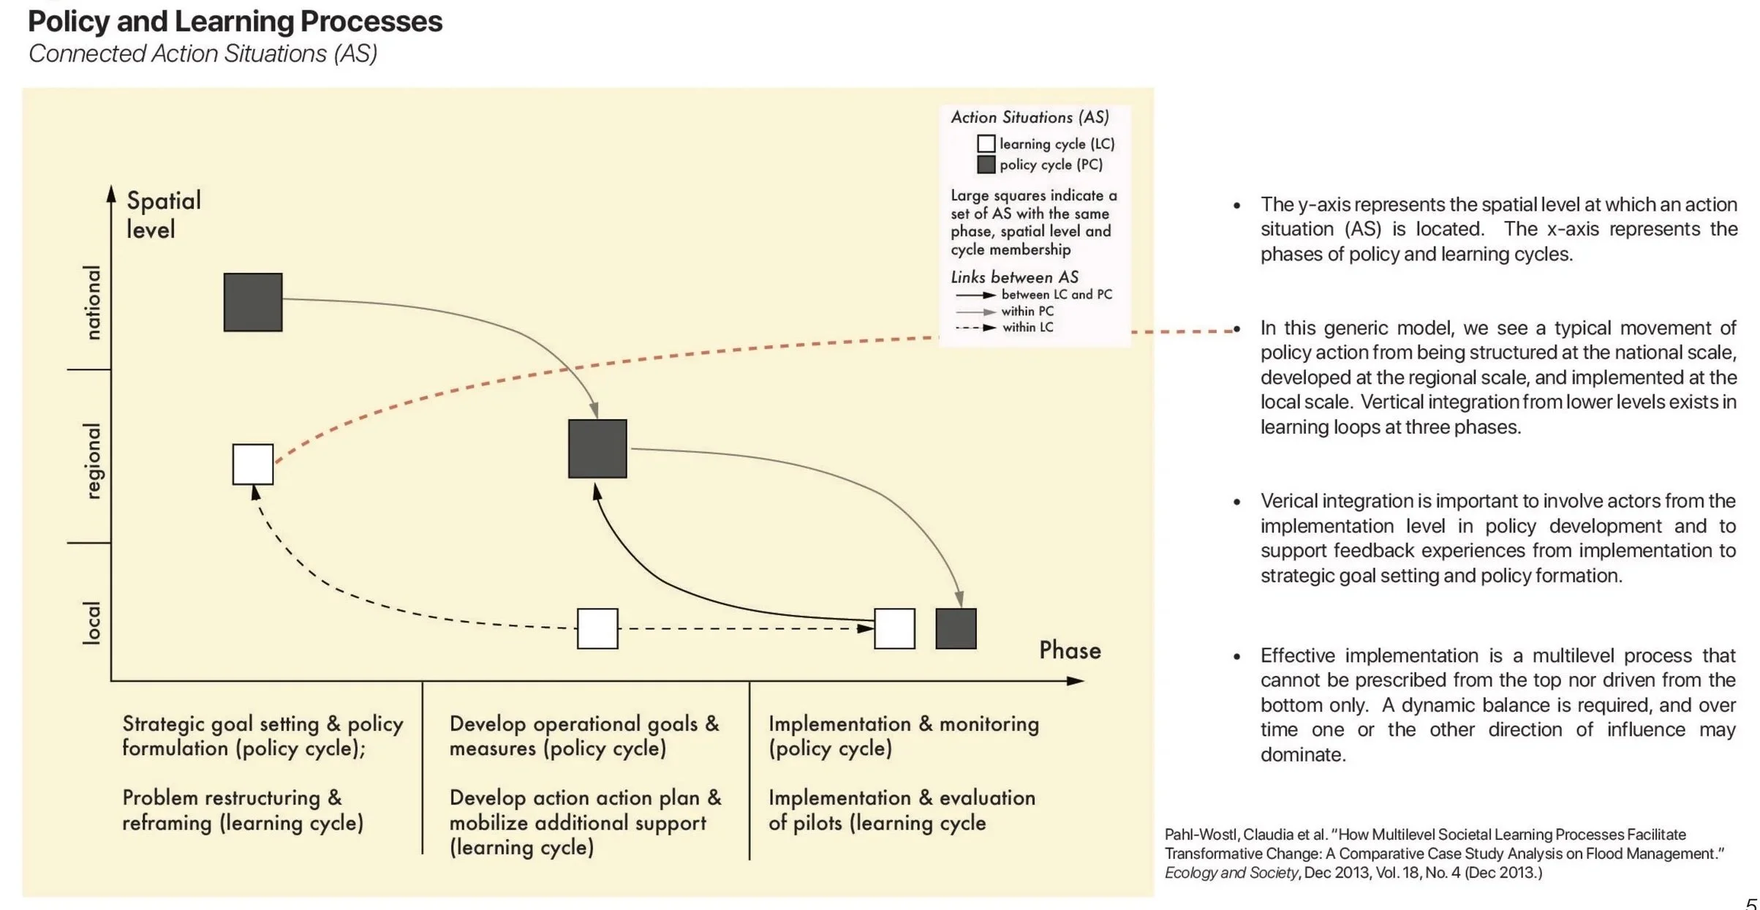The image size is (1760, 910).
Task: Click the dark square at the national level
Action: [x=253, y=302]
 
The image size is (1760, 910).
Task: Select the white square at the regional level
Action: [x=253, y=464]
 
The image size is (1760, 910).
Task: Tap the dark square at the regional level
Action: [x=597, y=448]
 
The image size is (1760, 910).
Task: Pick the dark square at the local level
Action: [x=956, y=628]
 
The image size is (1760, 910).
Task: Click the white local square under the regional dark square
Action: [x=597, y=628]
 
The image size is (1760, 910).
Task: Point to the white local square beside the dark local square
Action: [x=894, y=628]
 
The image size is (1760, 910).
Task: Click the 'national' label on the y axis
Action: [x=92, y=302]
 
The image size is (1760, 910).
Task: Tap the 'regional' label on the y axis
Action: [x=92, y=461]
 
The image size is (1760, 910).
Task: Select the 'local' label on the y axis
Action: [x=92, y=623]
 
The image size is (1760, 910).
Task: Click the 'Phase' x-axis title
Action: [x=1070, y=650]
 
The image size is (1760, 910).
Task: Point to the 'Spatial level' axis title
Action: [x=162, y=214]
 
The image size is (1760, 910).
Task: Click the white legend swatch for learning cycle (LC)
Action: [x=986, y=143]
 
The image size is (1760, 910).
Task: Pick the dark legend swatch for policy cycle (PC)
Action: [x=986, y=165]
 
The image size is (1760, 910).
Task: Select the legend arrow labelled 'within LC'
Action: [x=975, y=328]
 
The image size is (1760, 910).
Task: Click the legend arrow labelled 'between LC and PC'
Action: [x=975, y=295]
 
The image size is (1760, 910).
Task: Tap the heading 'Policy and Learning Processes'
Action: [x=235, y=21]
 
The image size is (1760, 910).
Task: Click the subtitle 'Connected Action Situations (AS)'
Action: [x=203, y=53]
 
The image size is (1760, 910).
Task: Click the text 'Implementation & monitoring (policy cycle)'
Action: [x=903, y=736]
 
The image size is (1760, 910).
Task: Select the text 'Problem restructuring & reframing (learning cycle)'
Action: [x=242, y=810]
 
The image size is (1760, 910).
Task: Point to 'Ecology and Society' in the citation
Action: [x=1231, y=873]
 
